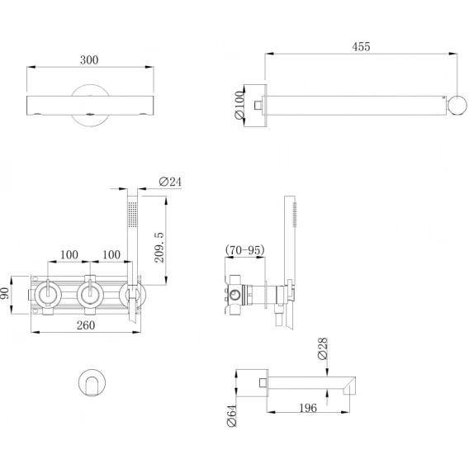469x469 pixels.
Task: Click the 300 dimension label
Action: click(x=89, y=60)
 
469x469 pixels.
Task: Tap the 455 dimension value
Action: click(x=361, y=47)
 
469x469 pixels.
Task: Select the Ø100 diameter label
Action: click(x=240, y=105)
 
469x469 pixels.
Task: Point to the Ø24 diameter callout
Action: click(x=170, y=182)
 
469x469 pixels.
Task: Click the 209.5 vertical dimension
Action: click(x=159, y=248)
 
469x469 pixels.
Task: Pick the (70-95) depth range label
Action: click(x=245, y=249)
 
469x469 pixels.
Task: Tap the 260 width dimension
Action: click(x=86, y=325)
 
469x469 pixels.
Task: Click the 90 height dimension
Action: click(x=5, y=293)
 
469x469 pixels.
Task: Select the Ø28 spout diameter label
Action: click(x=323, y=348)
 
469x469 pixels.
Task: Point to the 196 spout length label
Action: click(x=308, y=408)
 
